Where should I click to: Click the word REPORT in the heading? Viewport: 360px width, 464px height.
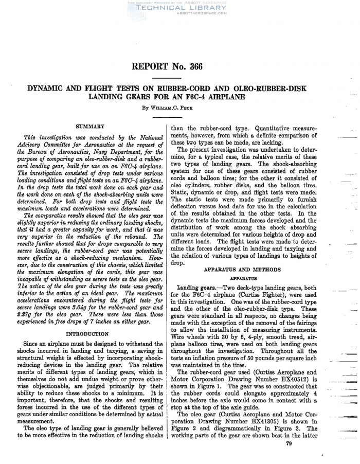pyautogui.click(x=154, y=67)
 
